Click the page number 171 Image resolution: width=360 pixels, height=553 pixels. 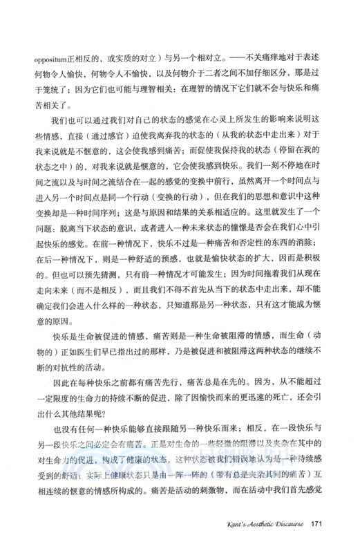tap(318, 541)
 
